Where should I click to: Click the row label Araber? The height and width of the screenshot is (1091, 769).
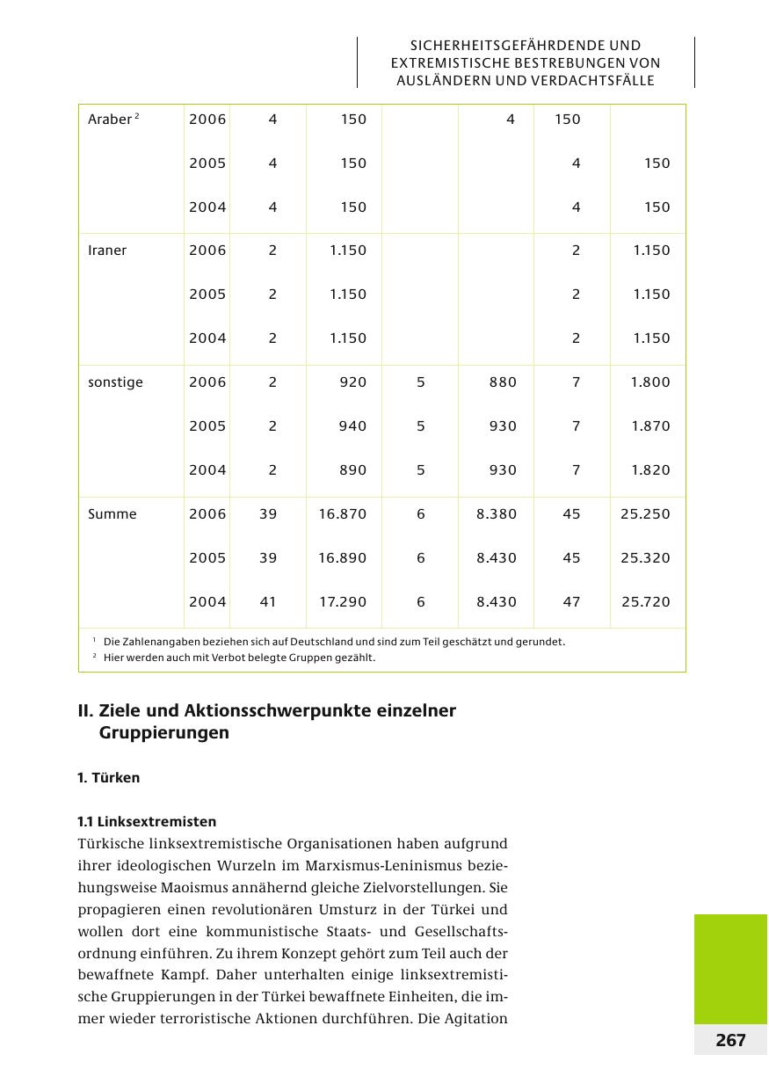[x=109, y=120]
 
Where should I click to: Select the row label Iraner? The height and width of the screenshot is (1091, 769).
[x=107, y=251]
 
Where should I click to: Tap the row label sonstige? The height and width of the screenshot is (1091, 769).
[x=115, y=382]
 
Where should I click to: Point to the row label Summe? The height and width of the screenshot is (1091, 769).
[x=112, y=514]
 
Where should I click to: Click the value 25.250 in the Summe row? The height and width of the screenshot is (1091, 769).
[x=645, y=514]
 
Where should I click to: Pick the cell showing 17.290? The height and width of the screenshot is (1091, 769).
[x=343, y=602]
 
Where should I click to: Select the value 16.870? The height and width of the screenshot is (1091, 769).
[x=343, y=514]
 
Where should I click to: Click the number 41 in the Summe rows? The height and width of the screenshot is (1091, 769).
[x=268, y=602]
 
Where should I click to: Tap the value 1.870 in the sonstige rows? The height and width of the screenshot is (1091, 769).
[x=650, y=426]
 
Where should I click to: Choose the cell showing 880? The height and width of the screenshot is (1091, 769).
[x=503, y=382]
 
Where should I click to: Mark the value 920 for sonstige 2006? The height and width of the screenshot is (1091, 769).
[x=353, y=382]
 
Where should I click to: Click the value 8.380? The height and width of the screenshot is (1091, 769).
[x=497, y=514]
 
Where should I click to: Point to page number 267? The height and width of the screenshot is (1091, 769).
[x=730, y=1041]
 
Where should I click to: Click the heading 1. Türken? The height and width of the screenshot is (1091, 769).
[x=109, y=778]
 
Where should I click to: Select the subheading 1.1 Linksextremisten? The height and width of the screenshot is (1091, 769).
[x=147, y=822]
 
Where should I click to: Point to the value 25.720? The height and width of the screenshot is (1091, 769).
[x=645, y=602]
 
